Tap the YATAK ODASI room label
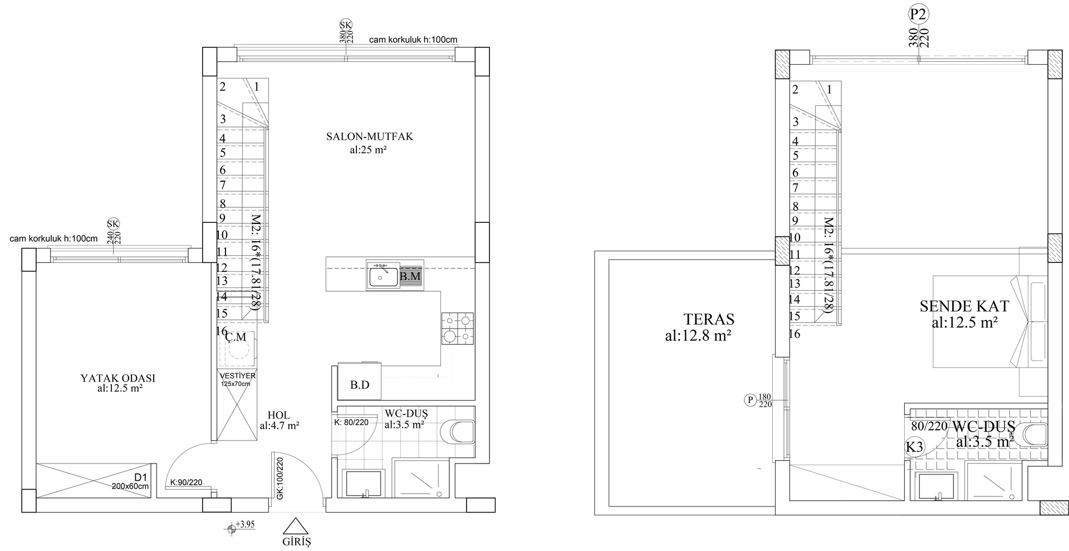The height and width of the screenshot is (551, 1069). pyautogui.click(x=118, y=378)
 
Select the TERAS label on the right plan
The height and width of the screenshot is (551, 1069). pyautogui.click(x=708, y=320)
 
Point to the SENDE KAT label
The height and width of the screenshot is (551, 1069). pyautogui.click(x=964, y=306)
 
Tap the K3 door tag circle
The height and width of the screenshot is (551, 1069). pyautogui.click(x=914, y=447)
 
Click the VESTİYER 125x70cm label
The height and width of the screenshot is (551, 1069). pyautogui.click(x=237, y=379)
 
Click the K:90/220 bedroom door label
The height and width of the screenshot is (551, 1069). pyautogui.click(x=186, y=482)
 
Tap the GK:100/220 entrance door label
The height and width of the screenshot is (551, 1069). pyautogui.click(x=280, y=478)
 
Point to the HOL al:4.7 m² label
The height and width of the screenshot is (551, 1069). pyautogui.click(x=279, y=421)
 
